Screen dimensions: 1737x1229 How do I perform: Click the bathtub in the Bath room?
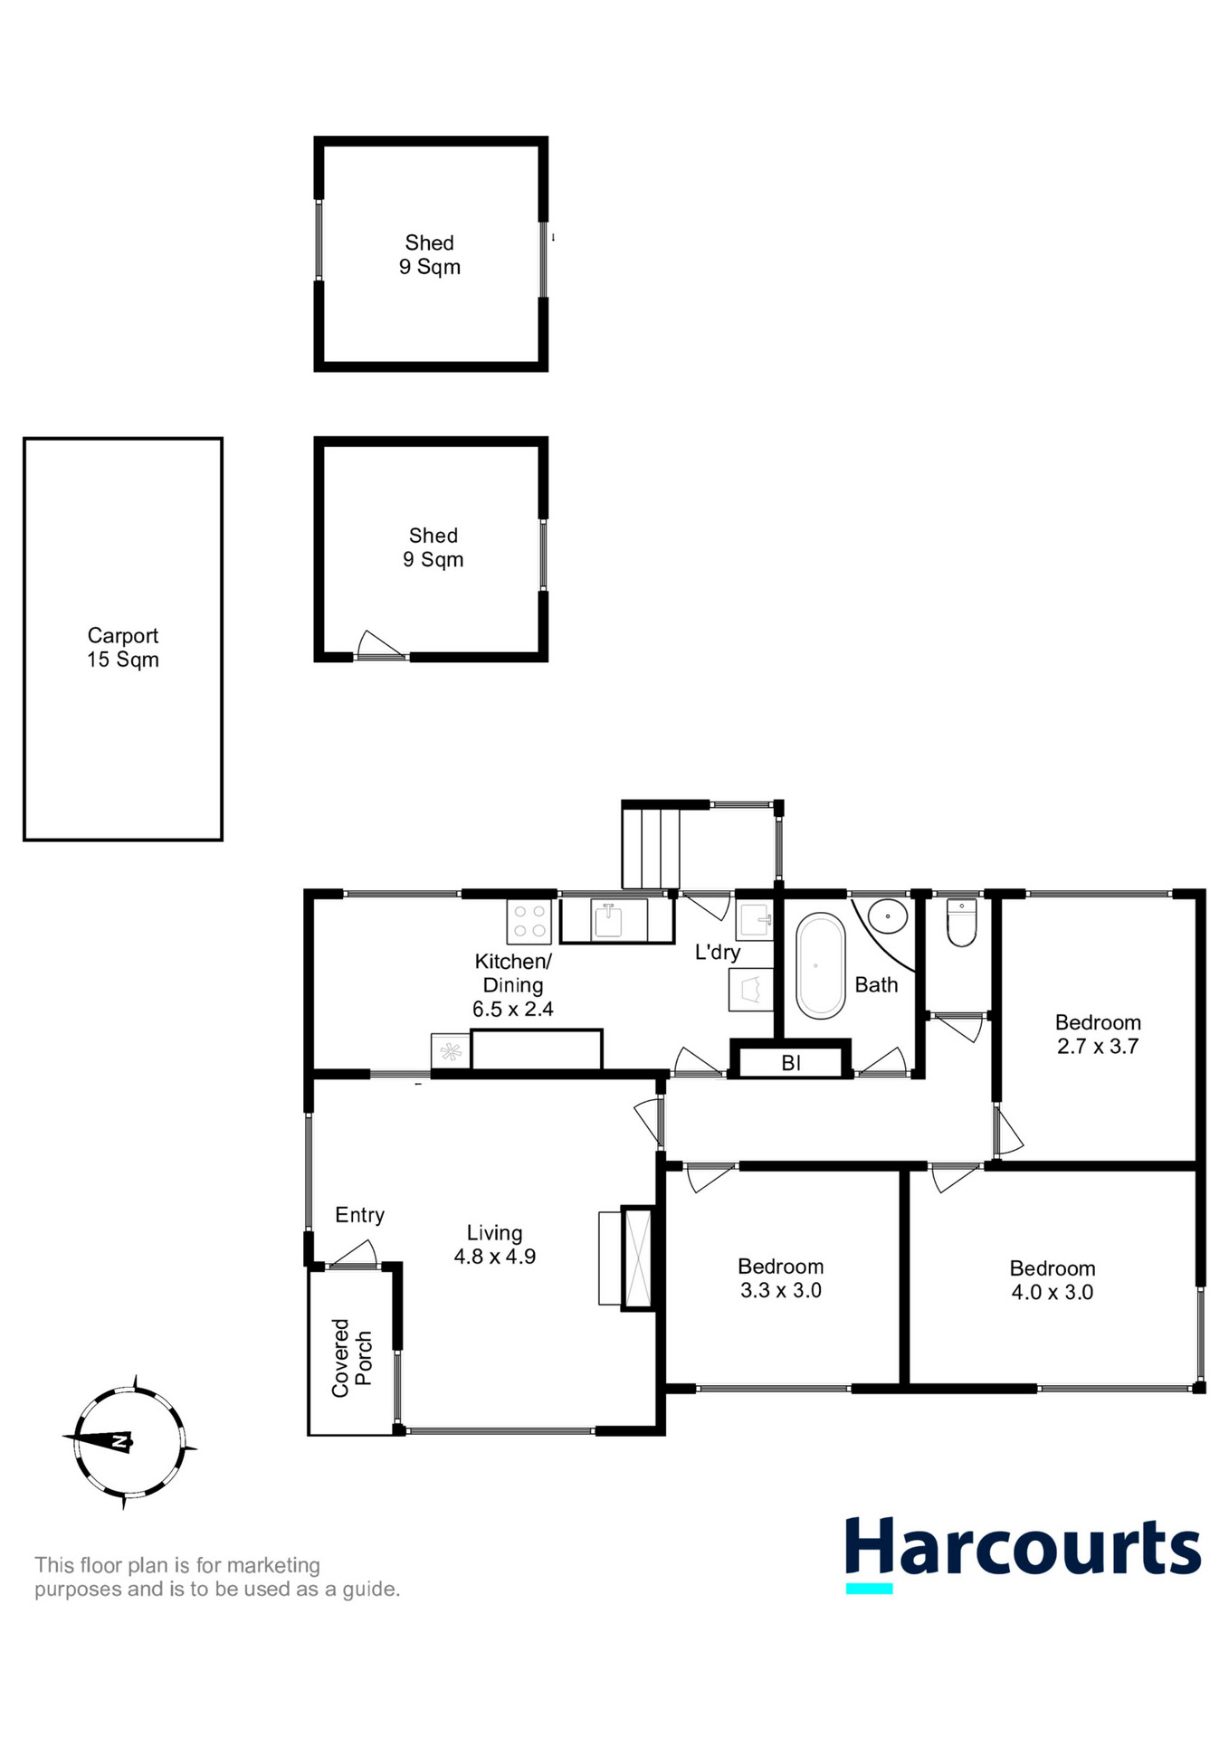point(820,965)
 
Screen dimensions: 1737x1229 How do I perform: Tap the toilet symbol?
point(961,922)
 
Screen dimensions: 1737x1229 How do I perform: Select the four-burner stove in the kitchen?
point(529,922)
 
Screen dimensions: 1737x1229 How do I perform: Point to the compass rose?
point(129,1441)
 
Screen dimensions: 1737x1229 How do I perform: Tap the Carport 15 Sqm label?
point(123,648)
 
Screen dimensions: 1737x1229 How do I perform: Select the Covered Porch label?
point(351,1357)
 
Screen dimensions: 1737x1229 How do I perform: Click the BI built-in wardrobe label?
point(791,1063)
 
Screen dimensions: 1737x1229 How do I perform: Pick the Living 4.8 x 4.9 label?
point(494,1244)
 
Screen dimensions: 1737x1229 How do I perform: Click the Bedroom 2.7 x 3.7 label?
point(1098,1034)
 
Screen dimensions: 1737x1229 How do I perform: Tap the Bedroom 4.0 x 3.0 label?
point(1052,1280)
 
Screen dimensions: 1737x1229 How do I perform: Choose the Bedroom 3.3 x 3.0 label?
point(780,1278)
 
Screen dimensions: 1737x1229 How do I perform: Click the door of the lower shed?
point(380,645)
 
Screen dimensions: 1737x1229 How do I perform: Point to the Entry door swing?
point(355,1255)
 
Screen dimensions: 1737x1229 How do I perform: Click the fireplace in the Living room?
point(637,1258)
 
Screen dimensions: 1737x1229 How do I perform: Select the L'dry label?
point(718,952)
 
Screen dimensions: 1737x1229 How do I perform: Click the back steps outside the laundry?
point(650,848)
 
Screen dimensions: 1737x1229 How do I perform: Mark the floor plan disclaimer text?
point(217,1577)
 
